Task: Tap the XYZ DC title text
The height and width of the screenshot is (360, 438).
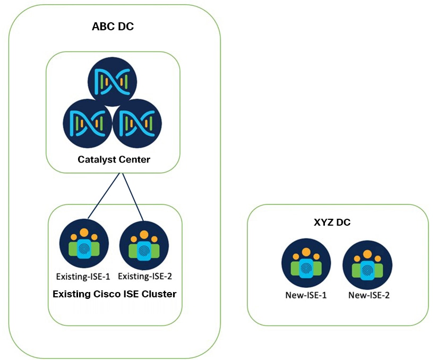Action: point(332,222)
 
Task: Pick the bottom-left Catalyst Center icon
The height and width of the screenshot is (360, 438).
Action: point(87,123)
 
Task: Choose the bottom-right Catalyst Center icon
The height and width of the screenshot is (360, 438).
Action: point(138,123)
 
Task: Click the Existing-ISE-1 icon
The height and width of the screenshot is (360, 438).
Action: point(84,246)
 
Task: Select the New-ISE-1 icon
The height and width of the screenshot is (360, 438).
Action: point(306,264)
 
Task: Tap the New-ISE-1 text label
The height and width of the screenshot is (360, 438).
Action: point(305,295)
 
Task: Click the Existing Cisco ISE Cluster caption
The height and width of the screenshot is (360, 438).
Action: point(115,294)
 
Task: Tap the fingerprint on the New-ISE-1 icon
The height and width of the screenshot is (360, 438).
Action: point(306,268)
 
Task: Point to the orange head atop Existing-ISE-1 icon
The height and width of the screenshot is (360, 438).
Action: point(84,233)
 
